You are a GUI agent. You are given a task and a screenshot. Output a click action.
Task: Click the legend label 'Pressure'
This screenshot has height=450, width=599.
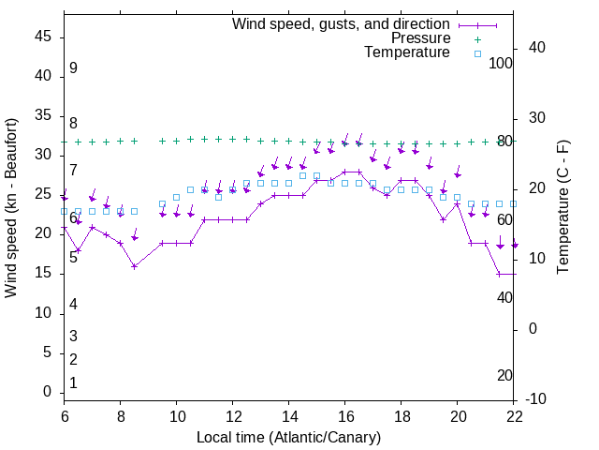(x=420, y=38)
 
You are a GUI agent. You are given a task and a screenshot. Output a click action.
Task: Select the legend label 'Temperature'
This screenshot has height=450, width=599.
(x=407, y=52)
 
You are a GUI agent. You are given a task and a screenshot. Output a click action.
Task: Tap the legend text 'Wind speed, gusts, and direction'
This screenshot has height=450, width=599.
(x=341, y=23)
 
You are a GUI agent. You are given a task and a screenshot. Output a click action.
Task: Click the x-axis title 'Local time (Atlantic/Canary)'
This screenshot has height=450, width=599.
(x=288, y=438)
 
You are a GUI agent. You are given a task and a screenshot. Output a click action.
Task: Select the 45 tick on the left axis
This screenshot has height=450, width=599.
(x=43, y=36)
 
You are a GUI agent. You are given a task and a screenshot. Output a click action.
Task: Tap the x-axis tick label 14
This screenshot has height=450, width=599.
(x=288, y=416)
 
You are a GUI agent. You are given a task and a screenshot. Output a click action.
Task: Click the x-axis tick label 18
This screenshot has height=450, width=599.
(x=401, y=416)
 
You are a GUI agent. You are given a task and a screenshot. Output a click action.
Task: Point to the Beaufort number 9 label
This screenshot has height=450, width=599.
(x=73, y=68)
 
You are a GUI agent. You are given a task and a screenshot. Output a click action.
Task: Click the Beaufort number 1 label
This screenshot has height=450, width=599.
(x=73, y=383)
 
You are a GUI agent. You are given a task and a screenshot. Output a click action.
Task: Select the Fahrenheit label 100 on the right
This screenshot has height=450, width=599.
(x=501, y=63)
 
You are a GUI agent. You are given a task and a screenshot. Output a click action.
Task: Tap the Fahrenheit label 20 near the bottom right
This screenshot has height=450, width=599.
(x=504, y=376)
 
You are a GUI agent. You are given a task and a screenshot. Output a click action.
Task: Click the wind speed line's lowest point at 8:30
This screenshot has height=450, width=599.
(x=134, y=266)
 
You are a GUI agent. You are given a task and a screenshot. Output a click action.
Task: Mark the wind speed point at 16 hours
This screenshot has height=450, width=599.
(x=344, y=172)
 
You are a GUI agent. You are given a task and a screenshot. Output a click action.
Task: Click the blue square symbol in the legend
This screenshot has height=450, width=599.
(x=476, y=53)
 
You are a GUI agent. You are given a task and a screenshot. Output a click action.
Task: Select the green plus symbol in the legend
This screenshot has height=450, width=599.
(x=476, y=39)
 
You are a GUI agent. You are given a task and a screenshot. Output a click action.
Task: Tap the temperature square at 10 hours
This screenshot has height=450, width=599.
(x=176, y=197)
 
